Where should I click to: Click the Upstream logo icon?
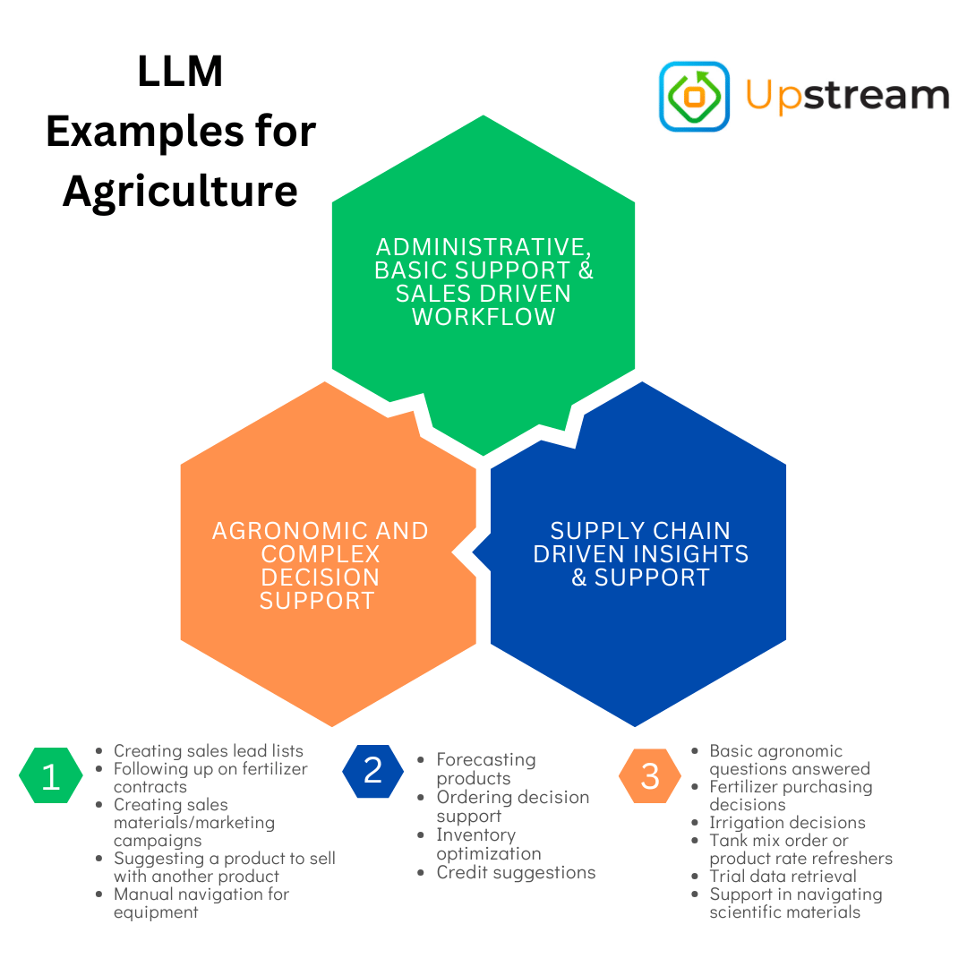click(x=694, y=96)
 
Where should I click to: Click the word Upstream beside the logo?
click(x=847, y=96)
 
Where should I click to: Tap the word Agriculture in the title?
click(x=180, y=191)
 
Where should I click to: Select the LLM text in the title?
click(x=180, y=72)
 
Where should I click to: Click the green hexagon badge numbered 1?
click(x=50, y=776)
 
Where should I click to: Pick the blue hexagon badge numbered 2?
click(x=372, y=770)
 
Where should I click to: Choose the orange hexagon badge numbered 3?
click(x=650, y=775)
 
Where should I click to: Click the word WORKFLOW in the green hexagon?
click(x=483, y=317)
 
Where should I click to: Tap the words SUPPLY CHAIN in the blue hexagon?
click(x=640, y=531)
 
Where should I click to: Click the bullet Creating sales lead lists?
click(x=209, y=751)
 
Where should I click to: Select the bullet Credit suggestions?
click(x=516, y=872)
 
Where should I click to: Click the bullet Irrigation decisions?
click(x=787, y=822)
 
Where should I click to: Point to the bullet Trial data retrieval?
click(x=783, y=876)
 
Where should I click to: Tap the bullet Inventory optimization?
click(x=489, y=844)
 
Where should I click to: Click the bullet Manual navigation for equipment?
click(x=201, y=903)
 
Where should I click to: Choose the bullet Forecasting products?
click(x=486, y=769)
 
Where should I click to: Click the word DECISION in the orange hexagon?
click(x=320, y=578)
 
